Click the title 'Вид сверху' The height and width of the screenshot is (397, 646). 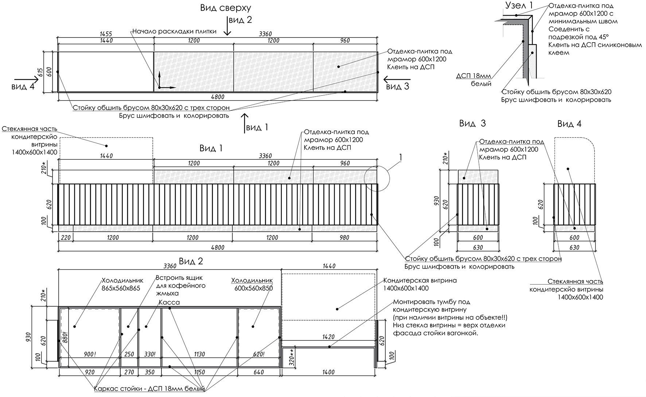[x=225, y=8]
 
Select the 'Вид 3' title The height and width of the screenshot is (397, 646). [x=472, y=124]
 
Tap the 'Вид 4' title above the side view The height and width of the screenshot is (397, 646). [x=569, y=124]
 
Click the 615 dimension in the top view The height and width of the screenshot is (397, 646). [x=40, y=72]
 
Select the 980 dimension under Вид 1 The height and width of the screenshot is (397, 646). [x=344, y=238]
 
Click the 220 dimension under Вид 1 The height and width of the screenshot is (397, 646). [x=66, y=238]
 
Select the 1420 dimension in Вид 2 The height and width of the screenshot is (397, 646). [x=328, y=337]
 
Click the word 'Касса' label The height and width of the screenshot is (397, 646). [x=169, y=302]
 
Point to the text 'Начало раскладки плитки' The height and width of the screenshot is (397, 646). [x=174, y=31]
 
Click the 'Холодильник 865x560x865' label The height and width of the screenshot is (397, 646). [x=122, y=284]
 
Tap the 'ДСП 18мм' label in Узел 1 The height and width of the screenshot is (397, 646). [x=474, y=76]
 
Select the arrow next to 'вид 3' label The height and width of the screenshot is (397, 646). [x=397, y=79]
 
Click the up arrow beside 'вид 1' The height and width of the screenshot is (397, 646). [x=244, y=122]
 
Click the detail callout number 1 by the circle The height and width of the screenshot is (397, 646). [x=400, y=157]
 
